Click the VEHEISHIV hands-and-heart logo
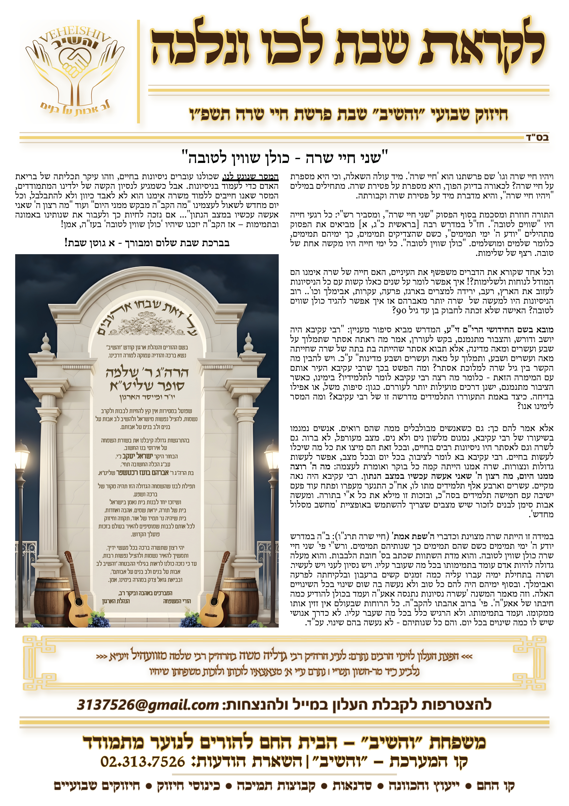[x=75, y=68]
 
